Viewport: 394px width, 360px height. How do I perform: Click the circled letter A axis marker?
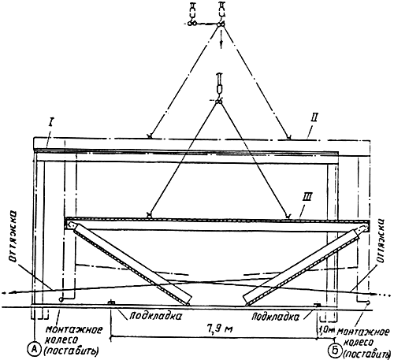[x=35, y=349]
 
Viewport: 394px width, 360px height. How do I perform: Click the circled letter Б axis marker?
[x=334, y=350]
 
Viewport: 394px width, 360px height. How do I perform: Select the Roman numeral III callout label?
[x=307, y=198]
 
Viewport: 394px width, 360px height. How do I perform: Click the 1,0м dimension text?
[x=326, y=328]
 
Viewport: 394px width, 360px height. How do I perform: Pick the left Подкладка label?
[x=155, y=316]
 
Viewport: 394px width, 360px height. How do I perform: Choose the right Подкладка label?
[x=275, y=317]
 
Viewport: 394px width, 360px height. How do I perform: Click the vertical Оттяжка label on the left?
[x=13, y=238]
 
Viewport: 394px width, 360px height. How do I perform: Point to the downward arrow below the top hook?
[x=221, y=39]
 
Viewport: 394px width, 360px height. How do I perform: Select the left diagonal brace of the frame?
[x=130, y=262]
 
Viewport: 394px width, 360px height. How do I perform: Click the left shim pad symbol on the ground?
[x=111, y=302]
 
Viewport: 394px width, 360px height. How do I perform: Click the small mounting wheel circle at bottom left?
[x=61, y=299]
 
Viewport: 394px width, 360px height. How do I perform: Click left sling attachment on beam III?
[x=149, y=215]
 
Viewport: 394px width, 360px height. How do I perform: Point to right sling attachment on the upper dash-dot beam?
[x=289, y=136]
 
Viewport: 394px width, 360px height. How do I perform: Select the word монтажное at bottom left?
[x=74, y=330]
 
